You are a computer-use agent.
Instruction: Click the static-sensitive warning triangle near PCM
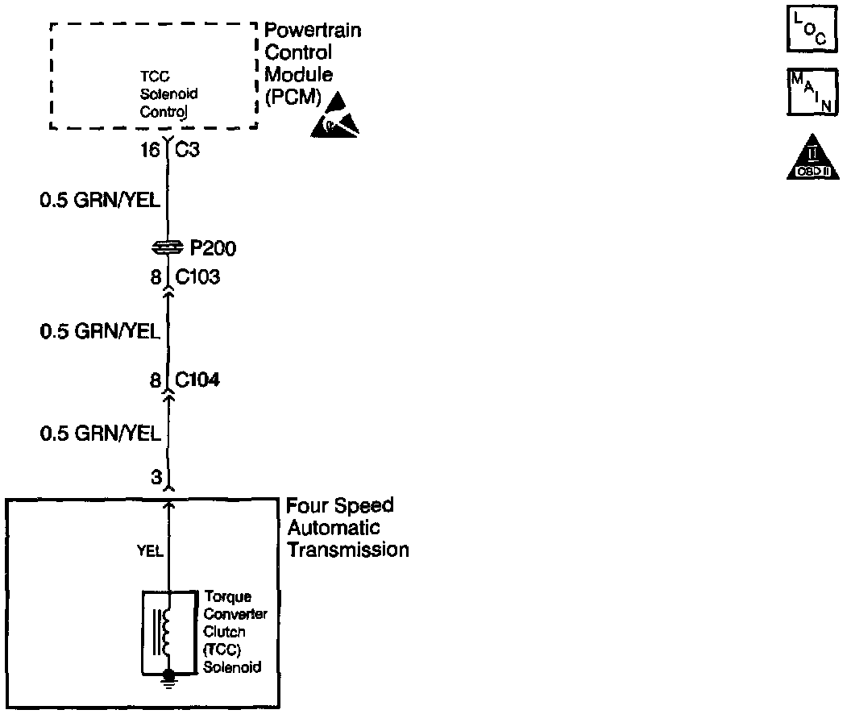coord(334,116)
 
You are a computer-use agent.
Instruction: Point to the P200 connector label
coord(214,248)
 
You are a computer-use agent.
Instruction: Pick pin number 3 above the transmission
coord(156,477)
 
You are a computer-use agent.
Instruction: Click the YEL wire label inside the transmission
coord(150,551)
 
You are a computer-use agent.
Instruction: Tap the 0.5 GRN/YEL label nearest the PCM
coord(100,199)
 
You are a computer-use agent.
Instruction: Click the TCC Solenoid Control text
coord(168,93)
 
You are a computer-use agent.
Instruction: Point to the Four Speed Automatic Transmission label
coord(347,528)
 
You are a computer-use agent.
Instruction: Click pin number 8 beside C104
coord(156,380)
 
